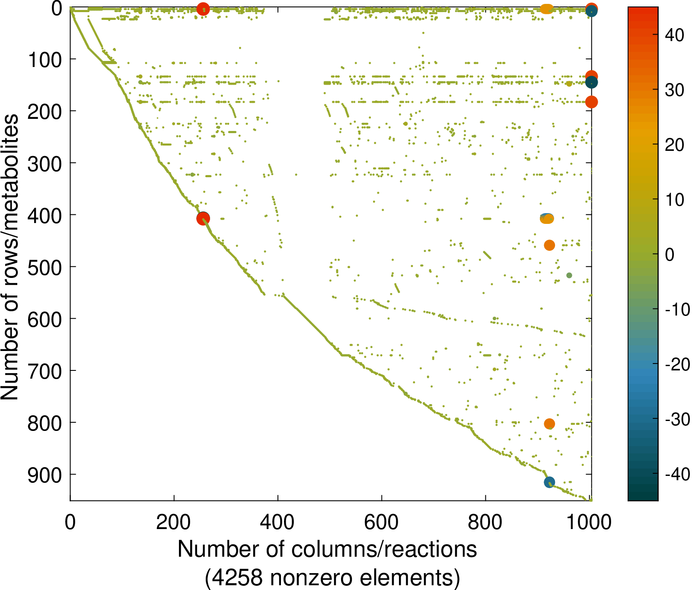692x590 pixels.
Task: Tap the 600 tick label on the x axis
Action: [381, 522]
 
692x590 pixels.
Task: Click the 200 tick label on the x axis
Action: [173, 522]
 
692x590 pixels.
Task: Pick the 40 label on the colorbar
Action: [674, 35]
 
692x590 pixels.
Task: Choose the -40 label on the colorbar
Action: [677, 475]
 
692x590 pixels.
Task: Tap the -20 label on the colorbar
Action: [677, 365]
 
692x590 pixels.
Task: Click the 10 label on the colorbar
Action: [674, 200]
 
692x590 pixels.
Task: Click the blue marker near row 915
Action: [549, 482]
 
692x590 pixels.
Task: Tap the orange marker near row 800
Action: [549, 424]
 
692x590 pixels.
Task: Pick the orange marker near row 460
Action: [549, 246]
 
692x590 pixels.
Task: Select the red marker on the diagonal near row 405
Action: [203, 219]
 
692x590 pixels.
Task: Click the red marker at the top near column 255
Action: [203, 9]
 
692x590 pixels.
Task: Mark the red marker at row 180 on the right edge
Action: [591, 102]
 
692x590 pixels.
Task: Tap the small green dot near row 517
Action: [569, 275]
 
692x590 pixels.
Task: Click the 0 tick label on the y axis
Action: [57, 9]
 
